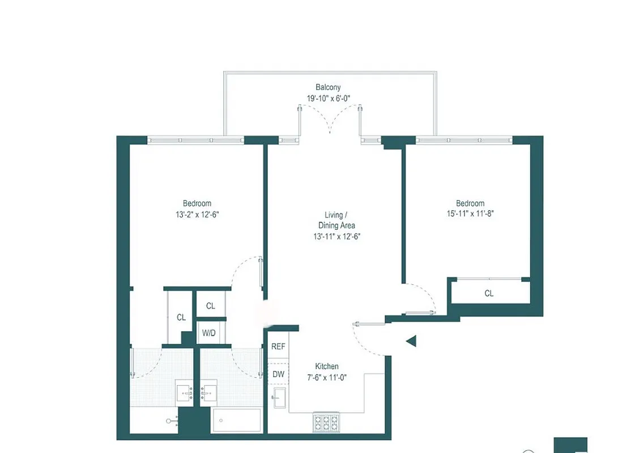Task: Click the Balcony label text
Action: [328, 87]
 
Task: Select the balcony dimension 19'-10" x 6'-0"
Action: [328, 98]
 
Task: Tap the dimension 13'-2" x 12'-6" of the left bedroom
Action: [197, 214]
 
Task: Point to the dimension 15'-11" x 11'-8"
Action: [470, 214]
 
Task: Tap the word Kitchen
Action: [327, 366]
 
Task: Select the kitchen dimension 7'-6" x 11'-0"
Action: [327, 377]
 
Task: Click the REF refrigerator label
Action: [278, 347]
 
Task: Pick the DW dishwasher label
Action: [278, 374]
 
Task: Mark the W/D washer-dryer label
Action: [210, 333]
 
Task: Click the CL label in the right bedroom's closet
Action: [488, 293]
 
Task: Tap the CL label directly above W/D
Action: [210, 306]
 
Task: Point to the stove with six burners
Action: [326, 422]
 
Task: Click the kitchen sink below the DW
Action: [279, 398]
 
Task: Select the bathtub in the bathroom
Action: [236, 420]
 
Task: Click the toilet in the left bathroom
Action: [173, 421]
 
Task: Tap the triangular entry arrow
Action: [412, 340]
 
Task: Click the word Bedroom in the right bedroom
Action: [470, 203]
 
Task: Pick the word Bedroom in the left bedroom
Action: [197, 203]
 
